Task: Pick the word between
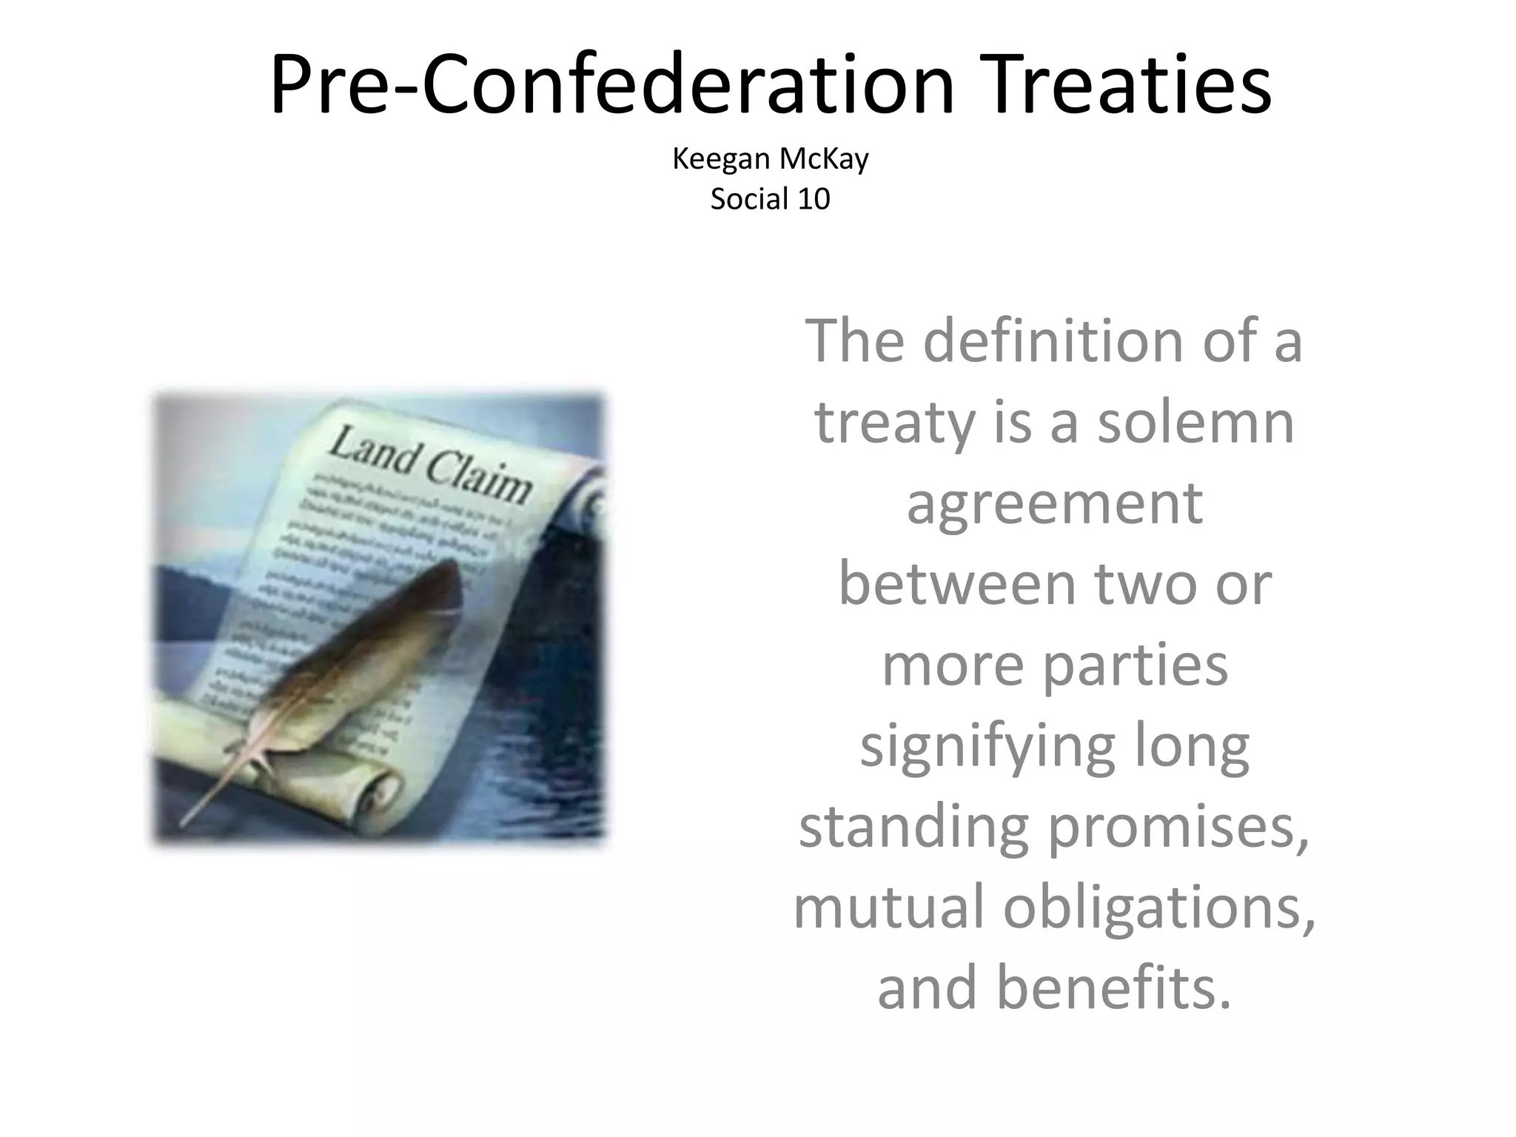coord(956,585)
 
